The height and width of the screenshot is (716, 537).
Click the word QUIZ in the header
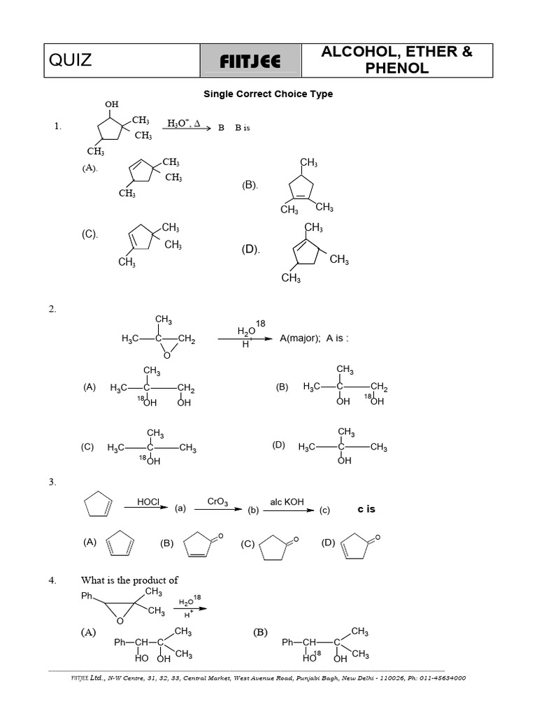click(x=71, y=60)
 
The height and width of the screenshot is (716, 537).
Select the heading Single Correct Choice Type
click(x=268, y=94)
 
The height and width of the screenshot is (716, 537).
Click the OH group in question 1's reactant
click(x=112, y=104)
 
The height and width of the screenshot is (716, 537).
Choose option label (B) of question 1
click(x=250, y=185)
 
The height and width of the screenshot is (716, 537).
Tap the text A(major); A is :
click(x=314, y=338)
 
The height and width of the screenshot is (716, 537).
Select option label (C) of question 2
click(x=87, y=447)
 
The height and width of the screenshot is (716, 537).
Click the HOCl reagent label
click(x=149, y=501)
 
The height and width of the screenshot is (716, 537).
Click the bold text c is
click(x=366, y=509)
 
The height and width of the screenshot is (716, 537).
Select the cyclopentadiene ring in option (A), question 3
click(x=119, y=545)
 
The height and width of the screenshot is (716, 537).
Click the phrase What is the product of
click(x=129, y=580)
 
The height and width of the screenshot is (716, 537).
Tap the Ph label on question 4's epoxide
click(x=87, y=596)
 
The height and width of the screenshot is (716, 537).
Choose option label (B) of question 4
click(x=260, y=632)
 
